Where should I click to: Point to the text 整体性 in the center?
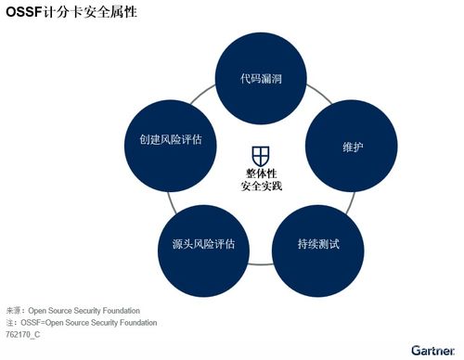click(x=261, y=173)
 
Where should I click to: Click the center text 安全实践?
click(x=261, y=186)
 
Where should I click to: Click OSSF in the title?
click(x=22, y=13)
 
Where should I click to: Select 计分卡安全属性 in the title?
click(x=88, y=13)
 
